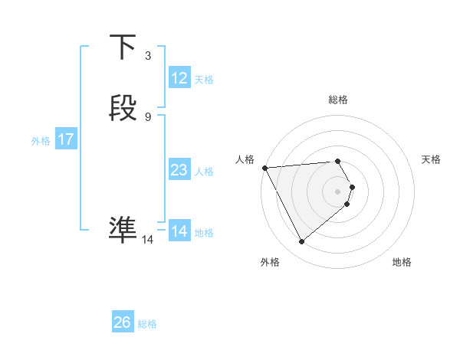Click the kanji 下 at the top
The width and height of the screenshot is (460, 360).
pyautogui.click(x=123, y=48)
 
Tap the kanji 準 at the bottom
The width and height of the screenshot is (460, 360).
pyautogui.click(x=123, y=229)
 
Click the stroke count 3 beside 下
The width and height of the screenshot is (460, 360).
pyautogui.click(x=147, y=56)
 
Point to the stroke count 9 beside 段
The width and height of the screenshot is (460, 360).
pyautogui.click(x=147, y=116)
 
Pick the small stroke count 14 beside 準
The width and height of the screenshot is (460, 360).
pyautogui.click(x=147, y=239)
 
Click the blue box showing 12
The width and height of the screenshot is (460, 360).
pyautogui.click(x=179, y=77)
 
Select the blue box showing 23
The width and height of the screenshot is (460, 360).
pyautogui.click(x=179, y=170)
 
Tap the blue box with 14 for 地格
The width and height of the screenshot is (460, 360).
pyautogui.click(x=179, y=231)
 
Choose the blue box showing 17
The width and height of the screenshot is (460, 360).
pyautogui.click(x=66, y=139)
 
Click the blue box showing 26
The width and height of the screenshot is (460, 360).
pyautogui.click(x=122, y=322)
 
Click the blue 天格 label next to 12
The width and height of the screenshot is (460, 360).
pyautogui.click(x=204, y=79)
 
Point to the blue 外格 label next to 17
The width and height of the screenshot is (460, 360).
pyautogui.click(x=41, y=141)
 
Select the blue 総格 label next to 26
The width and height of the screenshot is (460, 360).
pyautogui.click(x=147, y=324)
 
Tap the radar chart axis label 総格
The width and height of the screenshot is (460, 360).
pyautogui.click(x=338, y=100)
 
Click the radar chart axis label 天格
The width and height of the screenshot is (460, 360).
pyautogui.click(x=432, y=159)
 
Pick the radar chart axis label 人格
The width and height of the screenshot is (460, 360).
pyautogui.click(x=245, y=159)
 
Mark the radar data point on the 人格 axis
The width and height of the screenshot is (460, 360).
pyautogui.click(x=264, y=167)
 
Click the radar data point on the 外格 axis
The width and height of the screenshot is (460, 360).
pyautogui.click(x=302, y=242)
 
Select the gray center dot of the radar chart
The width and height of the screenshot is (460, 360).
pyautogui.click(x=337, y=191)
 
